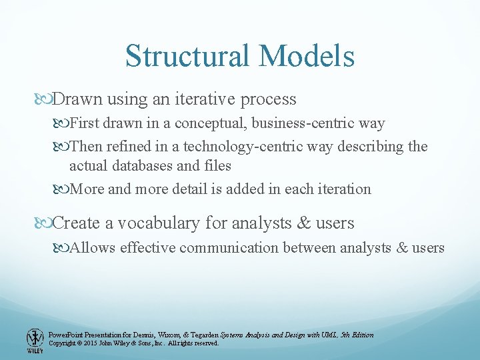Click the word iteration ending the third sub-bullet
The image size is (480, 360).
pos(343,189)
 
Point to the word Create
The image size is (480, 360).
pos(75,223)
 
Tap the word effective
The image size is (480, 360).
pos(151,248)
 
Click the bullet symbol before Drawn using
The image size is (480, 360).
pos(45,99)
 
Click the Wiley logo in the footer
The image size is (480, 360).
pos(33,339)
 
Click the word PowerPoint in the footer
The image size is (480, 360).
pos(66,335)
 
